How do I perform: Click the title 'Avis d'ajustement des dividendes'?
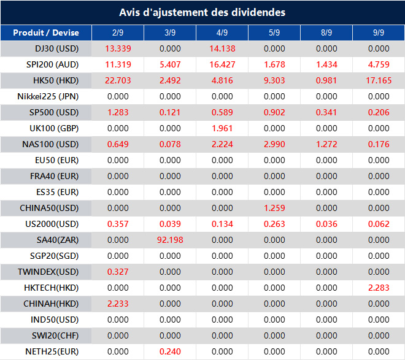202,12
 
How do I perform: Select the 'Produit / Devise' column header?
46,33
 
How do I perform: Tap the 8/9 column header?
326,33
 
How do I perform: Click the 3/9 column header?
170,33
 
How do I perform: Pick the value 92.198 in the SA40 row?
170,240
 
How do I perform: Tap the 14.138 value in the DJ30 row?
222,48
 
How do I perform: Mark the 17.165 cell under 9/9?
379,80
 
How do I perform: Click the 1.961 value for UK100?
222,128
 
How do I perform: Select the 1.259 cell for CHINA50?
274,208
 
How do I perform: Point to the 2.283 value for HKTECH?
379,288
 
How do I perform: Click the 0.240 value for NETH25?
170,351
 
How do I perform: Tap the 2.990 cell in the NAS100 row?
274,144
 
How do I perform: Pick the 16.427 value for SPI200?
222,64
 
